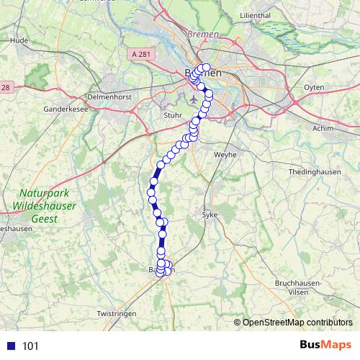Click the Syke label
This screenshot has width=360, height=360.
(209, 215)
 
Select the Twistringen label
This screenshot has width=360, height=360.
(117, 315)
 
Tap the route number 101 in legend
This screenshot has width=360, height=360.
(30, 346)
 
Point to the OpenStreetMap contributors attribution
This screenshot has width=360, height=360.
(297, 322)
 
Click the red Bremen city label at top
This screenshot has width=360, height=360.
(202, 34)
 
